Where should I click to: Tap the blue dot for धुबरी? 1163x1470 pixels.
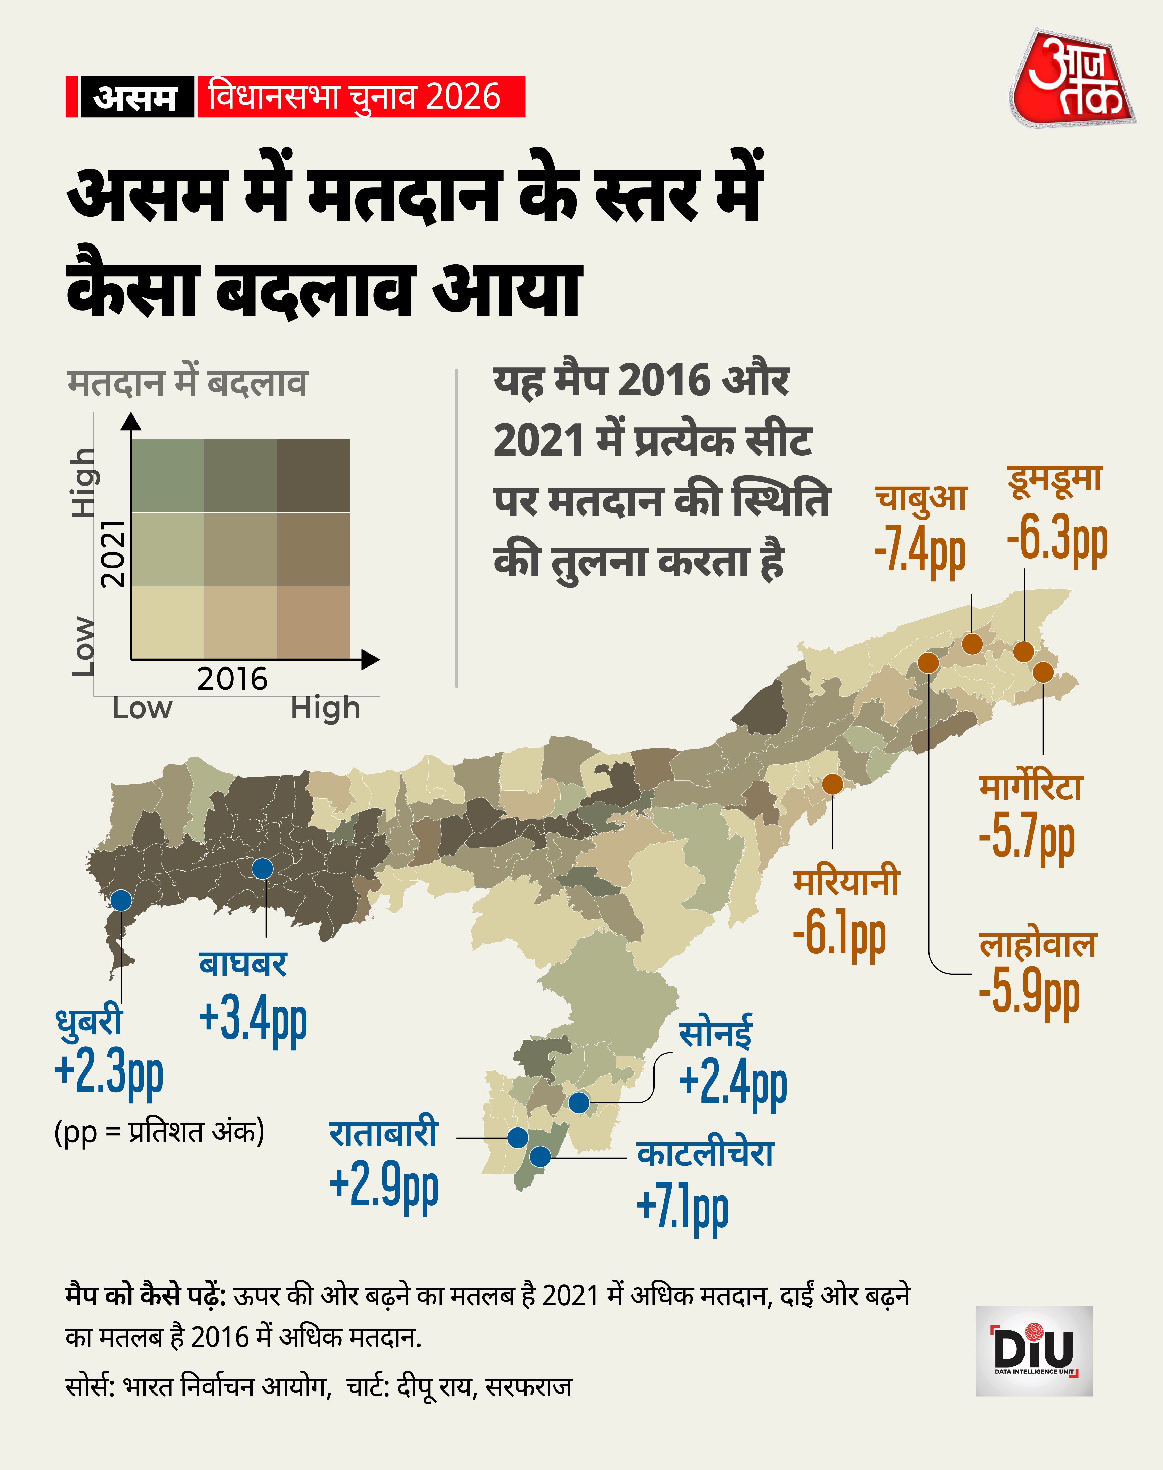(x=121, y=900)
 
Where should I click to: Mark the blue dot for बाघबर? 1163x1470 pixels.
(x=263, y=869)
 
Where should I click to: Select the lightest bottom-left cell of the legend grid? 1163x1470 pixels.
(x=167, y=622)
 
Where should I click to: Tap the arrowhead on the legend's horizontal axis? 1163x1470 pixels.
(x=370, y=659)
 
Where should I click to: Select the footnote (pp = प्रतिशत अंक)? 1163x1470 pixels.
(x=159, y=1132)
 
